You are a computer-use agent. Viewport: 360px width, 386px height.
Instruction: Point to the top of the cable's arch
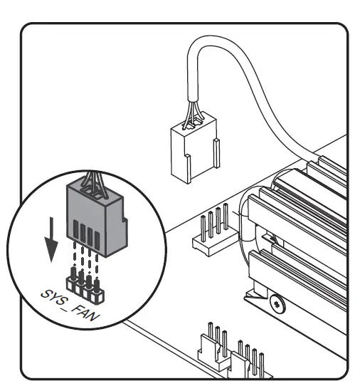click(x=214, y=44)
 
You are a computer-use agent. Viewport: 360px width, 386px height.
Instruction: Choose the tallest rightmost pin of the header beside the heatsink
click(x=226, y=220)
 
